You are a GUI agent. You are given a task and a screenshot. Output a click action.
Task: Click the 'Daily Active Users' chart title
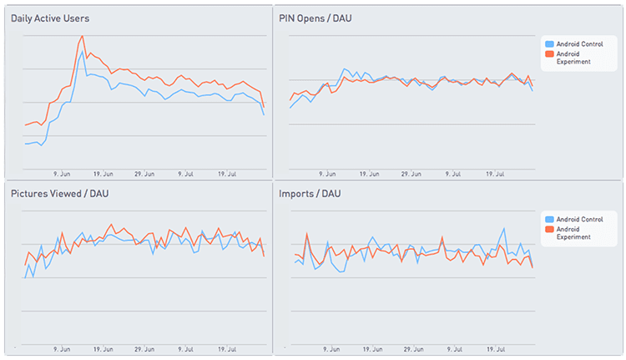tap(50, 18)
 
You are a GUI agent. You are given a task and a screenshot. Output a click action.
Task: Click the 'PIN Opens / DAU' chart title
tap(315, 18)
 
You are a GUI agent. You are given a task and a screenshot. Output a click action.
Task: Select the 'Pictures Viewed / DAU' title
tap(59, 194)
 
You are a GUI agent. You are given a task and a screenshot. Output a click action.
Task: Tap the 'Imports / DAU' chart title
tap(310, 194)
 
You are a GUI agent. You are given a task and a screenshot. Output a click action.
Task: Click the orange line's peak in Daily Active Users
tap(82, 36)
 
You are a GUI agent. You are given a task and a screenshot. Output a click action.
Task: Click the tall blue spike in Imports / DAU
tap(503, 229)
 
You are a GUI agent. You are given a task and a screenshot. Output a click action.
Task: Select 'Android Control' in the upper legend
tap(578, 43)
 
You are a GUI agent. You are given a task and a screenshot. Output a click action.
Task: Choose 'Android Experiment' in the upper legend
tap(573, 58)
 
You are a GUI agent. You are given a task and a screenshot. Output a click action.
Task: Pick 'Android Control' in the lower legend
tap(578, 219)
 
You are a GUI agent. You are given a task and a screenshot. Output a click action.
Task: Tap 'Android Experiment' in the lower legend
tap(573, 233)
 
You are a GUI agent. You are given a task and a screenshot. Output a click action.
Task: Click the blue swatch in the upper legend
tap(548, 43)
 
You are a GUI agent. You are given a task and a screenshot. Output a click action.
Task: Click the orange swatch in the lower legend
tap(548, 229)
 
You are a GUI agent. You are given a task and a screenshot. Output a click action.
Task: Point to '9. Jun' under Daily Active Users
tap(60, 174)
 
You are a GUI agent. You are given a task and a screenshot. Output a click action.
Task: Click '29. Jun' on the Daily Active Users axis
tap(145, 174)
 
